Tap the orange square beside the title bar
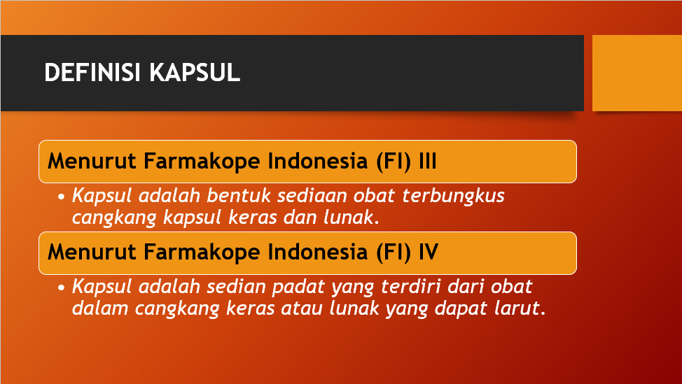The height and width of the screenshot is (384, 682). click(636, 73)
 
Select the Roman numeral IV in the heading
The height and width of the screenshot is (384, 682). click(428, 252)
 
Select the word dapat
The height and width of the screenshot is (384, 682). click(464, 308)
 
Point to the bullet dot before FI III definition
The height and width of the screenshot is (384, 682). click(62, 197)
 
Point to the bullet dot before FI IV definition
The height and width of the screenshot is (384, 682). click(62, 287)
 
